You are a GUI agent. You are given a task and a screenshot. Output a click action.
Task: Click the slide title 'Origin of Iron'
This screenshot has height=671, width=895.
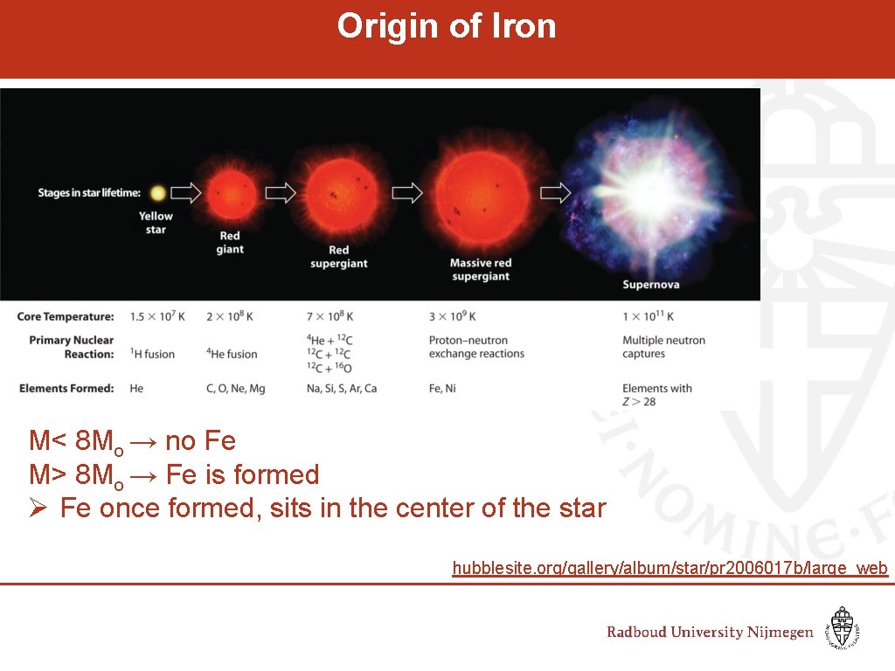[447, 26]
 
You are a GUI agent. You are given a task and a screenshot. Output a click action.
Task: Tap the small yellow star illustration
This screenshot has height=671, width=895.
[157, 192]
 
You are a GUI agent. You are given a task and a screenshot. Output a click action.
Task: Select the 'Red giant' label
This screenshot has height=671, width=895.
[230, 242]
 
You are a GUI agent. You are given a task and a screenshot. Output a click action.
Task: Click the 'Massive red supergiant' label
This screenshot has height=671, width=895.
[480, 269]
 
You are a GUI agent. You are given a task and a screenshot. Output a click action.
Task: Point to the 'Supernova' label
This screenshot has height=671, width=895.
[650, 284]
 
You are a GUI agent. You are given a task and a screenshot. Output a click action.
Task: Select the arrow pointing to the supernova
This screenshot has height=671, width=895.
[556, 192]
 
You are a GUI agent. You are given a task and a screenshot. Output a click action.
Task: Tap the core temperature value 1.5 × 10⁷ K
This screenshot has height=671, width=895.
[157, 316]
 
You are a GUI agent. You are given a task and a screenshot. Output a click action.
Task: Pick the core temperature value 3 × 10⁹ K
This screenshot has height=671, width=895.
[452, 316]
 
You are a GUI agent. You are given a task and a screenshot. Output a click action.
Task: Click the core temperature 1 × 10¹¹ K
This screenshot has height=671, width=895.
[648, 316]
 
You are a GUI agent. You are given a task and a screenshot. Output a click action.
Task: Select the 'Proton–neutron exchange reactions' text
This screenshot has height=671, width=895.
[476, 347]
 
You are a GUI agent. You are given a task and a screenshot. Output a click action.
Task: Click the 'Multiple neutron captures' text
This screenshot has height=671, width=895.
[663, 347]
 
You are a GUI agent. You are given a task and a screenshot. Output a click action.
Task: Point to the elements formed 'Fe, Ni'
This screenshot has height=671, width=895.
[442, 388]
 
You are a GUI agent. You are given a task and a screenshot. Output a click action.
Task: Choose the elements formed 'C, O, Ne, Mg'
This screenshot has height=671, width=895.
[235, 388]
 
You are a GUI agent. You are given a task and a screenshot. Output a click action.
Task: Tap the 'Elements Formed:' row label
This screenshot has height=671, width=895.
[66, 388]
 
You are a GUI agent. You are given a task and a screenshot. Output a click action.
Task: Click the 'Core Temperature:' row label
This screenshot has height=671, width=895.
[66, 316]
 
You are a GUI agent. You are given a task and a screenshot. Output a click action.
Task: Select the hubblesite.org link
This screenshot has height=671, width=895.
[670, 569]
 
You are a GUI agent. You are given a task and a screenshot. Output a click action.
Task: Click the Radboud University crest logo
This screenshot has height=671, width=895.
[843, 628]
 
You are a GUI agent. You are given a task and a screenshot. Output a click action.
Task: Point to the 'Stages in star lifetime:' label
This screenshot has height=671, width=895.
[89, 193]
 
